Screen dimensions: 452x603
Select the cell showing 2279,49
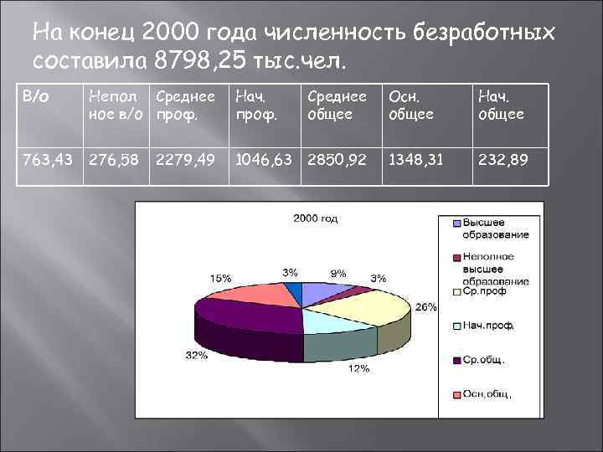[x=184, y=159]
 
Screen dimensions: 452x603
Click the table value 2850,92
[x=338, y=159]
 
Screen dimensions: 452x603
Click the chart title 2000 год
[x=316, y=218]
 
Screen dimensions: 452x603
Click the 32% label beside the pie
[x=196, y=355]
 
